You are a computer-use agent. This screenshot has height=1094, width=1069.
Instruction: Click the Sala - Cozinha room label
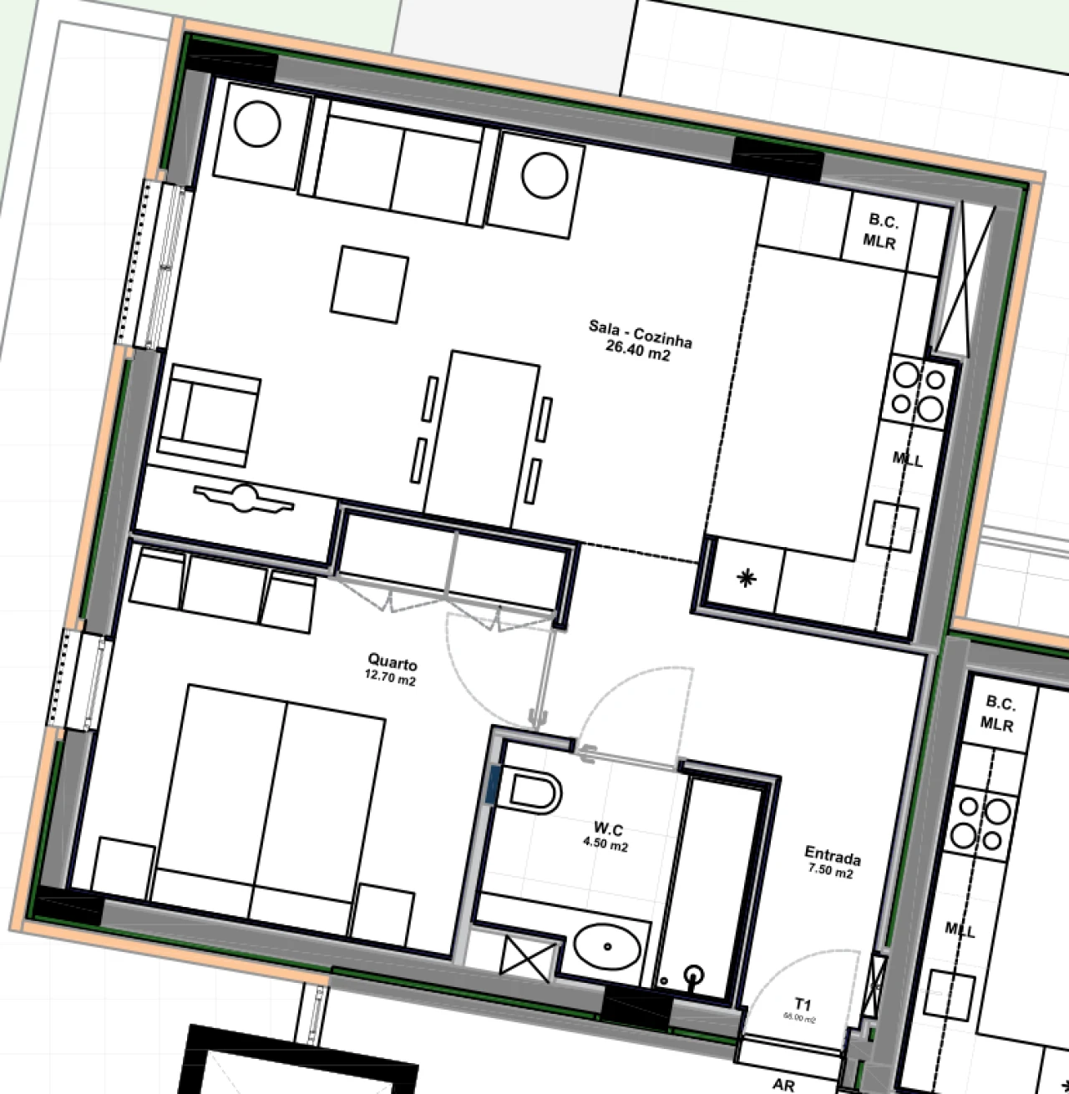[x=641, y=333]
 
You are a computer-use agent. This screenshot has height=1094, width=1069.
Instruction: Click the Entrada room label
[x=832, y=856]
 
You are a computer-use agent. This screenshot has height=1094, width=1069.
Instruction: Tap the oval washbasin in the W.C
[x=607, y=945]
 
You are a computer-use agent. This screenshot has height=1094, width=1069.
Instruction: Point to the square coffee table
[x=370, y=283]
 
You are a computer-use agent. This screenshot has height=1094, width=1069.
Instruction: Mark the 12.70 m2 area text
[x=390, y=681]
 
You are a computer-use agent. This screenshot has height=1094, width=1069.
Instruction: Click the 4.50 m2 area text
[x=605, y=846]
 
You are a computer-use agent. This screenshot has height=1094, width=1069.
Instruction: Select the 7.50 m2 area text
[x=830, y=874]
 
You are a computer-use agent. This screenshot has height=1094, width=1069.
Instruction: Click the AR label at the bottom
[x=783, y=1085]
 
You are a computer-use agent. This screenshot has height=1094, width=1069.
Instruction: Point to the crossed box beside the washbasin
[x=527, y=955]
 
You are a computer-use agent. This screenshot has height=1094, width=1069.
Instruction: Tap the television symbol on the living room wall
[x=244, y=499]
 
